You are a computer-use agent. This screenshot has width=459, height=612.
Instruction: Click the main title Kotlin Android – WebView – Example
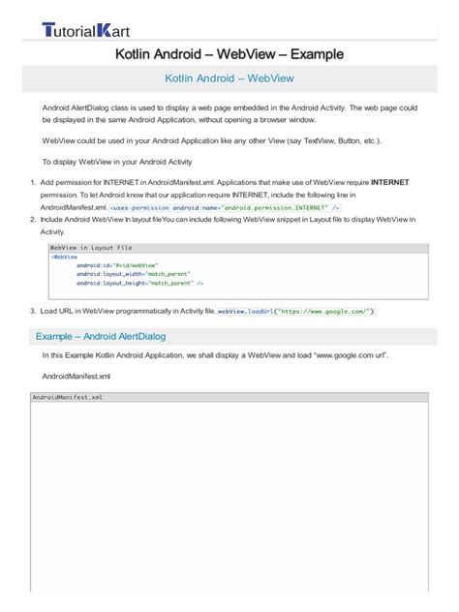pos(229,54)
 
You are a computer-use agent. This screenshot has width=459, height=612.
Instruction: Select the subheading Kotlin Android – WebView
pos(229,78)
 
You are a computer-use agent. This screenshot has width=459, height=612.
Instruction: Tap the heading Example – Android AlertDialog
pos(101,336)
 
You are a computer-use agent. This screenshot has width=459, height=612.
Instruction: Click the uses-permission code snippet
pos(225,207)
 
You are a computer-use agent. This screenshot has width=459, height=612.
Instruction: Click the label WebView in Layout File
pos(91,248)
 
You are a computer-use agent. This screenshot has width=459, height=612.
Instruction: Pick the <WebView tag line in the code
pos(65,257)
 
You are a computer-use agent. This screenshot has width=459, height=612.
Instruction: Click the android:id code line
pos(117,265)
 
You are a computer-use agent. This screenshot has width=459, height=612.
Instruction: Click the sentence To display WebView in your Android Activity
pos(117,162)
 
